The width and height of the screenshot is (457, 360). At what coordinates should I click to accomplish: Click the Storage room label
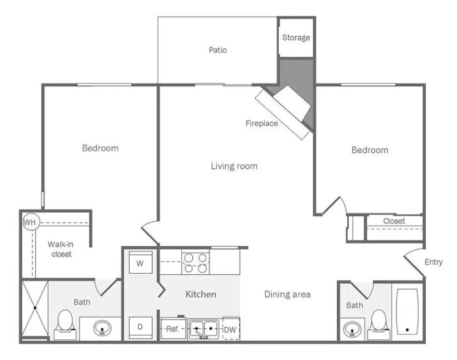296,37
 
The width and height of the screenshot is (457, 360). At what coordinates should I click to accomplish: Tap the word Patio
218,50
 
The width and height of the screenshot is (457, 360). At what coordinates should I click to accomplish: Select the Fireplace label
262,123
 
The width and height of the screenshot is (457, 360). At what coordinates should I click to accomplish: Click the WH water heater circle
30,223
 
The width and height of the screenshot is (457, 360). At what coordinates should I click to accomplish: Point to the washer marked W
140,262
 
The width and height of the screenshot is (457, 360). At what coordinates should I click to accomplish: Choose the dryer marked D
140,327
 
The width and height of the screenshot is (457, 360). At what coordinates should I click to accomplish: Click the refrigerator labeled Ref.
173,329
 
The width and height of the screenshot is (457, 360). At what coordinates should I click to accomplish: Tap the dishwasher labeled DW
231,329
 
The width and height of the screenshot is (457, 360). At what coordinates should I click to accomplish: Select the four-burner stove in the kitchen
196,263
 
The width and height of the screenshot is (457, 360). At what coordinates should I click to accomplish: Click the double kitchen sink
203,329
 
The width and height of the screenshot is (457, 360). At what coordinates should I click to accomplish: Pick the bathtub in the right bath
407,312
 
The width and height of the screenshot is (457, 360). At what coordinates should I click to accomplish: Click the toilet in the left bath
65,324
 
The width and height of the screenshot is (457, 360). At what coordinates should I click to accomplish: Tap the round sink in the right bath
352,329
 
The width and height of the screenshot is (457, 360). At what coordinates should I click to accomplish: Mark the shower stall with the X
35,308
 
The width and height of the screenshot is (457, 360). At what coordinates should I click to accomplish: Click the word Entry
434,262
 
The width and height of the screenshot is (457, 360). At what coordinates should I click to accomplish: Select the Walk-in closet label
61,249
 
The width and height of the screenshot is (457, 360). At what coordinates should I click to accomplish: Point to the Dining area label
288,294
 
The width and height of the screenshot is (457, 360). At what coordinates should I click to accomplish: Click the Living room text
234,166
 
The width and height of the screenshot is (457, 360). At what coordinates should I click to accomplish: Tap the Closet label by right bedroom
394,221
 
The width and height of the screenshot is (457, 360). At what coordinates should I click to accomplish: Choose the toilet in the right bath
378,324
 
